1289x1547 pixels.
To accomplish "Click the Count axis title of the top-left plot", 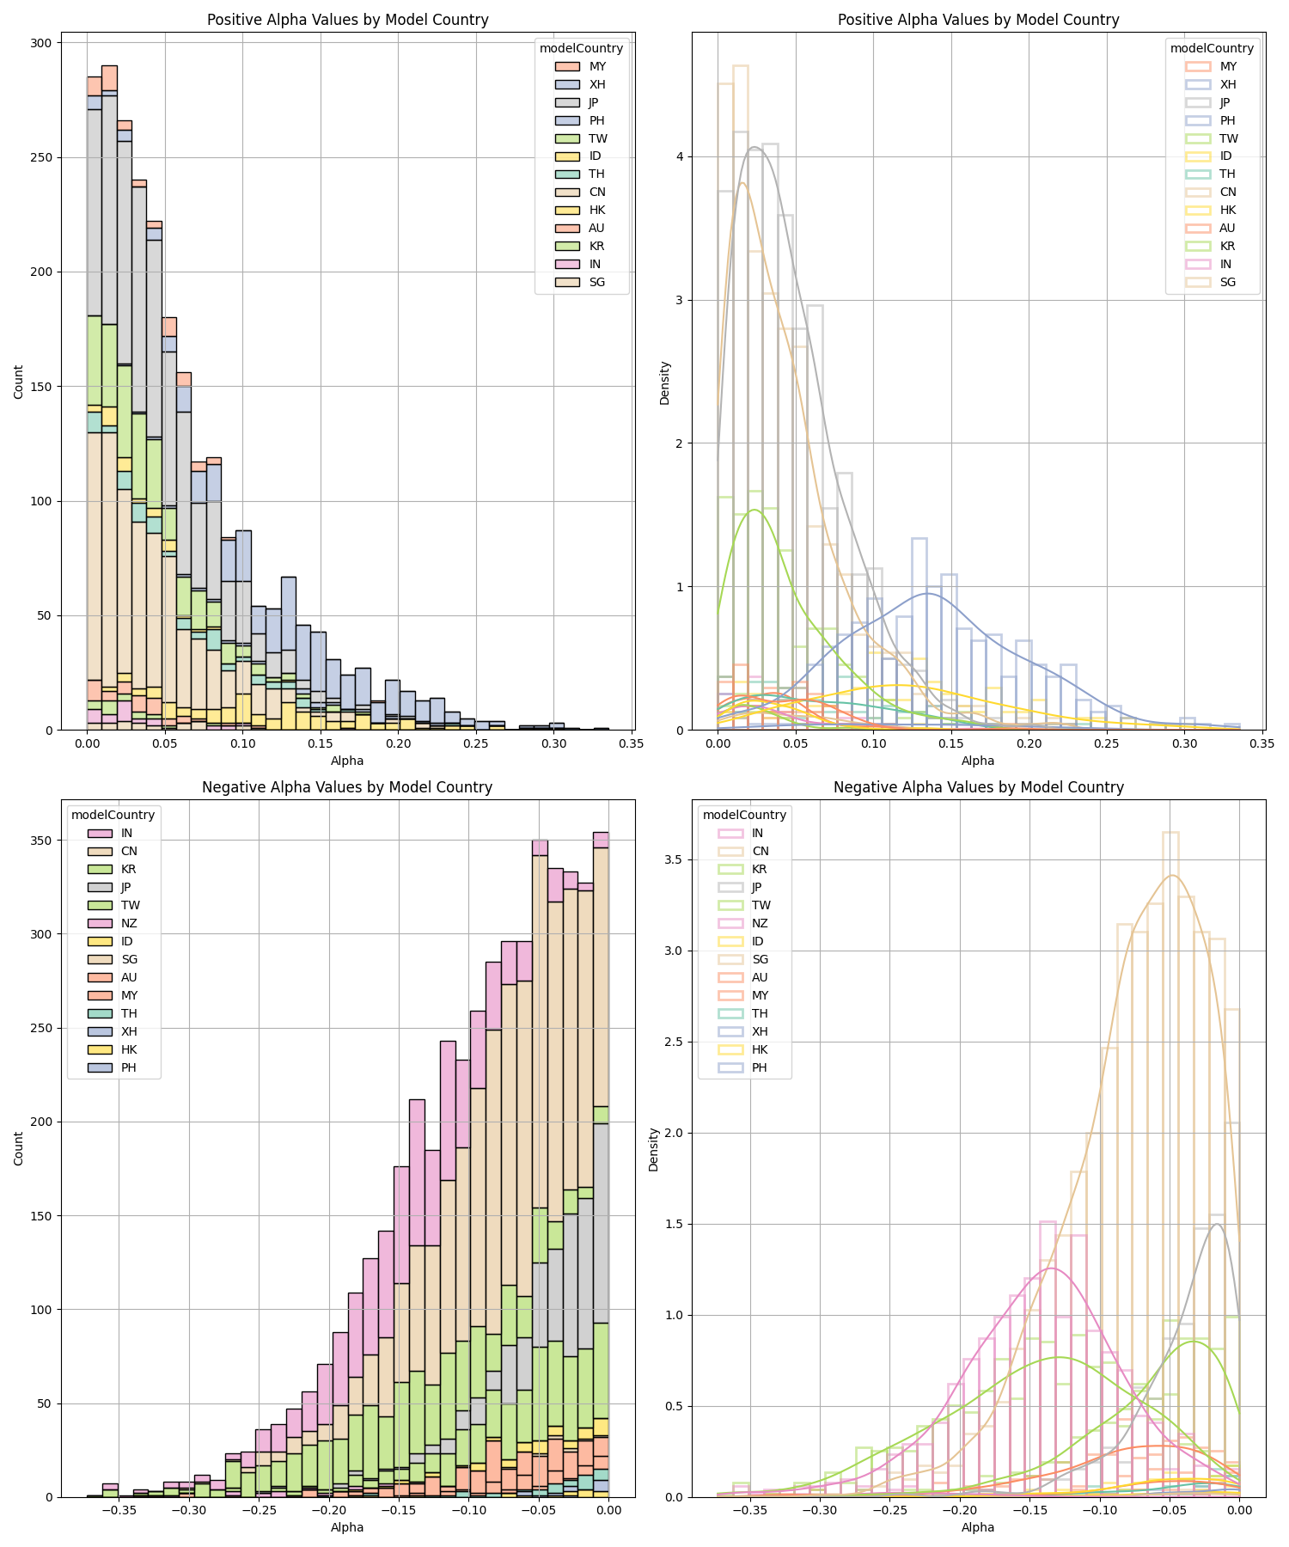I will (x=19, y=381).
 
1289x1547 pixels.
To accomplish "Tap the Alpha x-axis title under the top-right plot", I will (x=978, y=761).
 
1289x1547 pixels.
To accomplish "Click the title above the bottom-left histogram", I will (x=347, y=787).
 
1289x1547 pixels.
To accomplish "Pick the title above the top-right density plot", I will (x=978, y=20).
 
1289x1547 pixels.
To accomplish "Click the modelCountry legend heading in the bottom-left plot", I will (x=113, y=815).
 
